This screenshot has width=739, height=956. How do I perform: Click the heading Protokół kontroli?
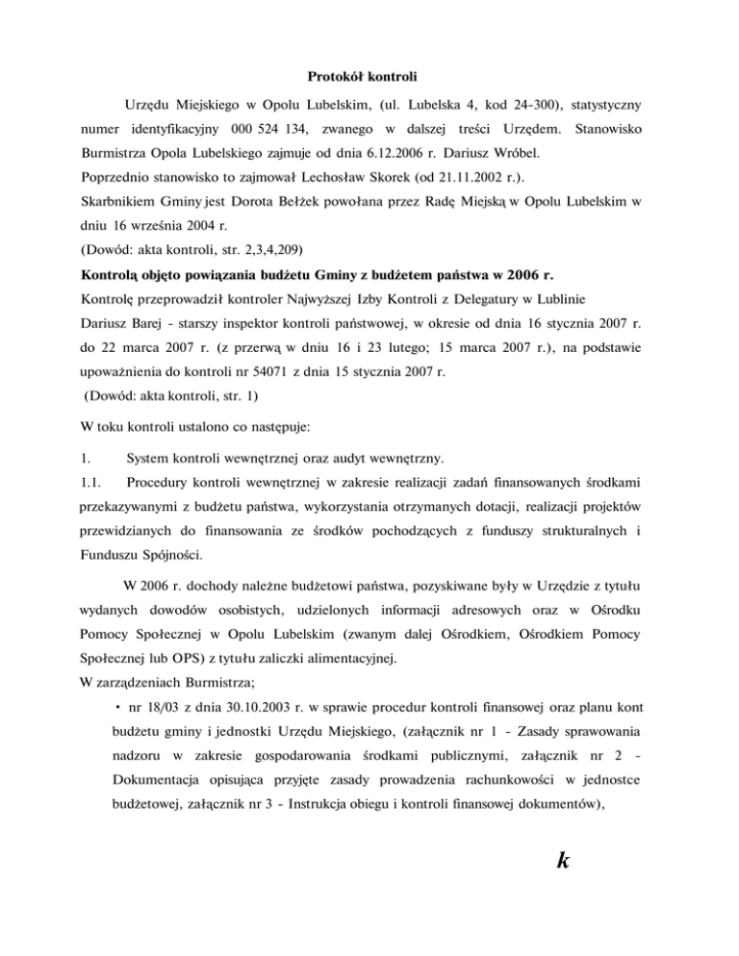[369, 76]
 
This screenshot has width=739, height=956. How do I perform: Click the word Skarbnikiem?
[117, 203]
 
